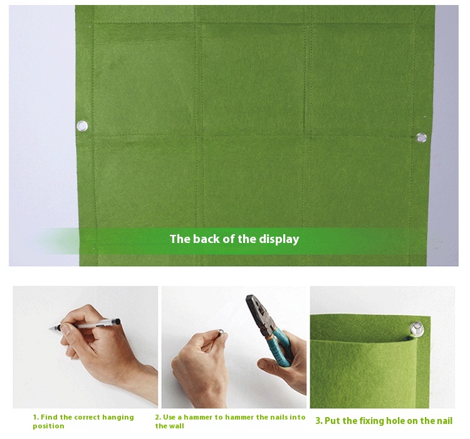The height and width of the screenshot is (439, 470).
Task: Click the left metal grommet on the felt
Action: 82,127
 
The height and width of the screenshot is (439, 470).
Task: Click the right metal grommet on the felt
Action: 421,138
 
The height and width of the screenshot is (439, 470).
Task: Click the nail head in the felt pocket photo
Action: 415,326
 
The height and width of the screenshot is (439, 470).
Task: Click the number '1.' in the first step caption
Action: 36,417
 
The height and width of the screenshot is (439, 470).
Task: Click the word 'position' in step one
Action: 48,426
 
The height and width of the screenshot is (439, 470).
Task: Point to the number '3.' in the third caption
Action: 318,421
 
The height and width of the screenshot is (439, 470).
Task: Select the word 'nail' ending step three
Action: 442,421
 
